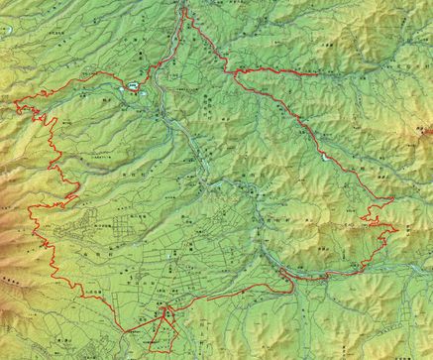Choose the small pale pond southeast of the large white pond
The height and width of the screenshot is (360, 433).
click(151, 97)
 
